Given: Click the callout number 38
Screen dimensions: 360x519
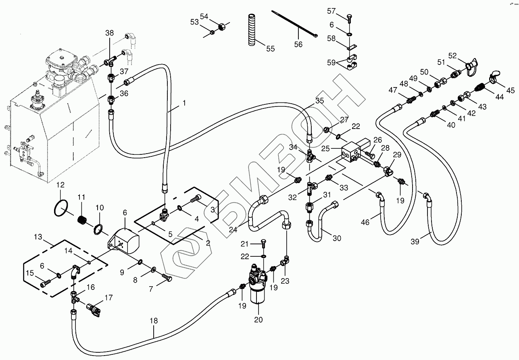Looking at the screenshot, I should (110, 34).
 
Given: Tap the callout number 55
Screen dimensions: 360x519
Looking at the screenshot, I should (270, 49).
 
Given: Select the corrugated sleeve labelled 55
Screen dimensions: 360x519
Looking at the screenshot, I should (252, 29).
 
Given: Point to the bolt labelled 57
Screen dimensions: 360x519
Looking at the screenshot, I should (349, 17).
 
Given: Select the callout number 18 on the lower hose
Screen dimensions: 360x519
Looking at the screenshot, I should (153, 321).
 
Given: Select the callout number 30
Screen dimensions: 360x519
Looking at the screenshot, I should (337, 238).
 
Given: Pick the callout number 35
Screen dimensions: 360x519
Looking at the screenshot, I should (319, 101).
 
